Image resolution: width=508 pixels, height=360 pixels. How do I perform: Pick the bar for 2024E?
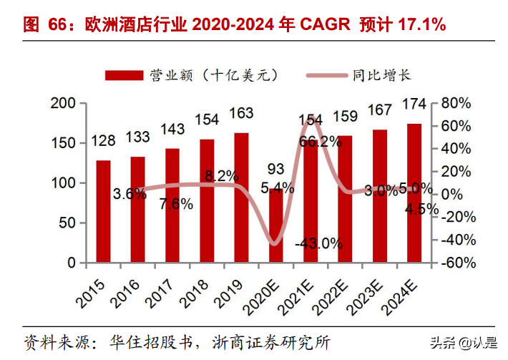414,193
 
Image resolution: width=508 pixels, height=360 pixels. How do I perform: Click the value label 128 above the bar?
104,141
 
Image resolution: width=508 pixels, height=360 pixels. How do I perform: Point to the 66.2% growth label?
321,141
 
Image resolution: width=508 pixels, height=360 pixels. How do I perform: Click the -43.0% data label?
318,243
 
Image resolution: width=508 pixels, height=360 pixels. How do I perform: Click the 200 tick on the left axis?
63,104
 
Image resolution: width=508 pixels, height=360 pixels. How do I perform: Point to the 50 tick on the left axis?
67,223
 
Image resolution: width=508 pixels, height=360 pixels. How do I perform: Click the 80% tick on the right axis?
458,104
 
